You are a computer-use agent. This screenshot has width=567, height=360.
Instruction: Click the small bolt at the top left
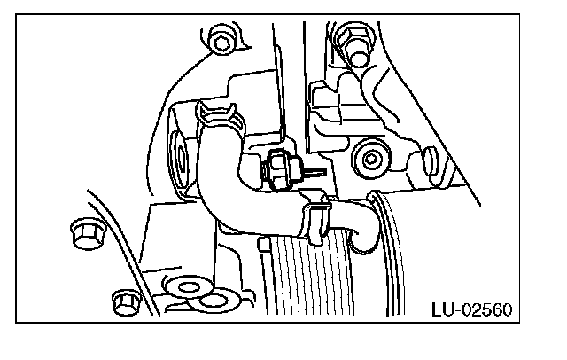click(x=221, y=39)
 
